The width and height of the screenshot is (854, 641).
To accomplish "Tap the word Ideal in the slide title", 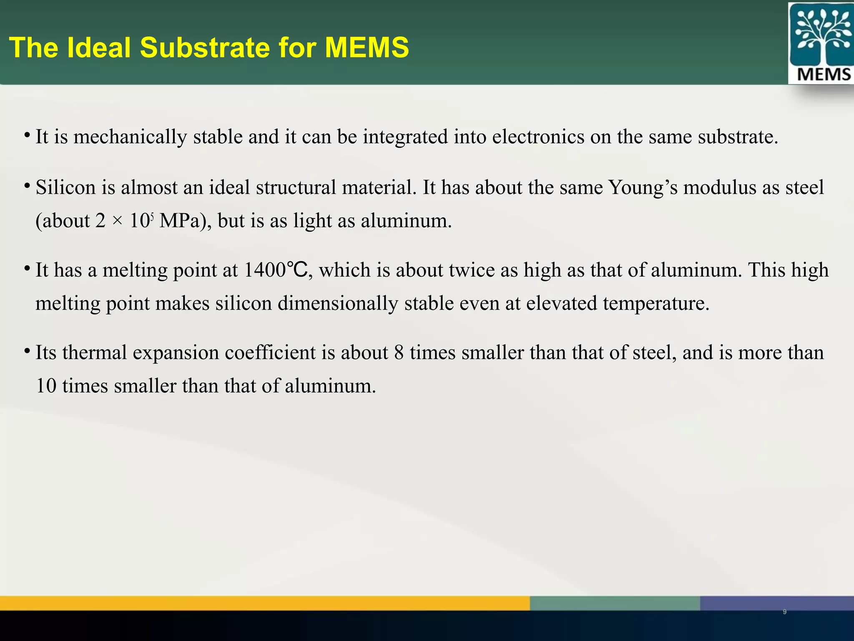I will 99,47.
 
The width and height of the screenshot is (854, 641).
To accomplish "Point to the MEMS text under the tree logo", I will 824,75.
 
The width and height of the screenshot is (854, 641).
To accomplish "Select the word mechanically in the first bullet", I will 130,137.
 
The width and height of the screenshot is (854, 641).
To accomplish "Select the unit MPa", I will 180,221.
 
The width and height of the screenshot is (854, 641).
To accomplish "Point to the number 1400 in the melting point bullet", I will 264,270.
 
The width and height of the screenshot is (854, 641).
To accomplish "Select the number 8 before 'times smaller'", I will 399,353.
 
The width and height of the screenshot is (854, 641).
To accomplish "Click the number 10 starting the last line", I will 46,386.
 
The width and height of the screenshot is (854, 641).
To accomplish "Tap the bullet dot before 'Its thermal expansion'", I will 27,350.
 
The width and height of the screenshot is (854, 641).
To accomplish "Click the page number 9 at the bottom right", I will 784,612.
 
